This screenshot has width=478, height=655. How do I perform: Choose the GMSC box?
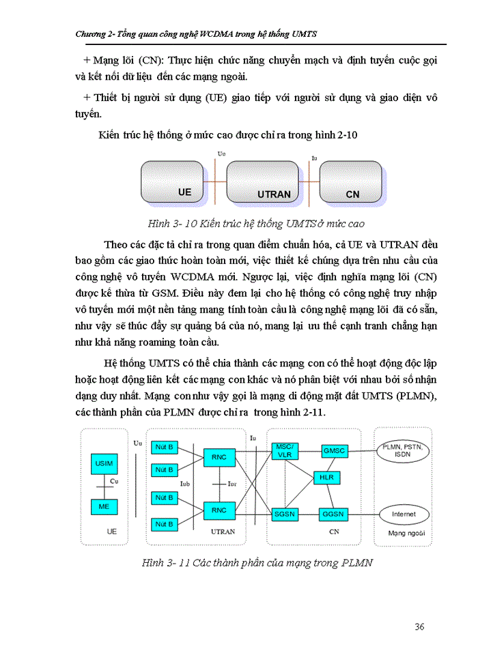point(334,451)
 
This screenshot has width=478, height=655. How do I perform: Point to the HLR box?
point(326,477)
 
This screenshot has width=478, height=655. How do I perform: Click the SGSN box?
point(283,514)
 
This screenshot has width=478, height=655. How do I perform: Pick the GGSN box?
point(334,514)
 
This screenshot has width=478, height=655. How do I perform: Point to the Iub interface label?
point(185,483)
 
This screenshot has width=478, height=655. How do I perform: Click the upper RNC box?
point(219,457)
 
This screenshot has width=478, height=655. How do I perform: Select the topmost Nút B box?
point(164,446)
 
